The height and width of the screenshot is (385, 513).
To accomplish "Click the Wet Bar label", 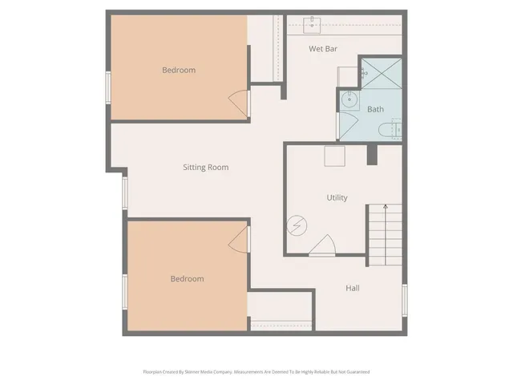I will pos(323,48).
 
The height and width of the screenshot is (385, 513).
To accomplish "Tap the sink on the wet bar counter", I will pos(312,22).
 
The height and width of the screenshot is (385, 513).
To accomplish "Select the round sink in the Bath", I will pos(348,99).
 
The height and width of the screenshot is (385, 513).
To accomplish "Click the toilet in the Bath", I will pos(395,129).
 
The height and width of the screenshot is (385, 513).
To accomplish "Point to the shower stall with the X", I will pos(379,76).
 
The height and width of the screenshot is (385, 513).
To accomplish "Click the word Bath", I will pos(375,109).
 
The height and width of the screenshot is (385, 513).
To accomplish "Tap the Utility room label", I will pos(337,197).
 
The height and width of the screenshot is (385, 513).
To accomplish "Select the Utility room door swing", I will pos(322,245).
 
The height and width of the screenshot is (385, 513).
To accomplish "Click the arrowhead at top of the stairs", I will pos(385,208).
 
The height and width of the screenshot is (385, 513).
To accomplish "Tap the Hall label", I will pos(352,288).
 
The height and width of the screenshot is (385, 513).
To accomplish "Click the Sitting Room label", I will pos(205,168).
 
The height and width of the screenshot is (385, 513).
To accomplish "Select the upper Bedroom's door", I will pos(240,102).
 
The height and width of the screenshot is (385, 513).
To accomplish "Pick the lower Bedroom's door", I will pos(240,238).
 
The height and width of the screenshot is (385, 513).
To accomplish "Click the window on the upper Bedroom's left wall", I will pos(108,87).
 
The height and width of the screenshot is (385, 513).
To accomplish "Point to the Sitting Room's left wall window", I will pos(124,192).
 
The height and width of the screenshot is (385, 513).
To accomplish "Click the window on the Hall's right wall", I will pos(405,298).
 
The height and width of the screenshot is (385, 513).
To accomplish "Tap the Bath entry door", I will pos(347,125).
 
